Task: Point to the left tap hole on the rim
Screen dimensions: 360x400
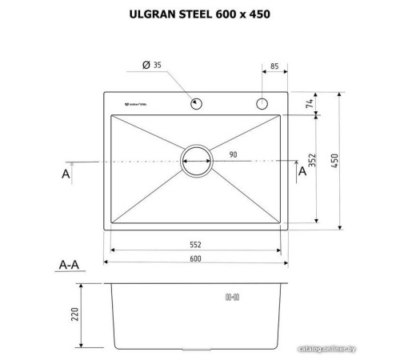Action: point(195,103)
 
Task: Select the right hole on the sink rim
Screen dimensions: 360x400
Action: point(260,103)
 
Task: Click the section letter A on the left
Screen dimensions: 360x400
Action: point(66,171)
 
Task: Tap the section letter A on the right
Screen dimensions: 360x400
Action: point(302,170)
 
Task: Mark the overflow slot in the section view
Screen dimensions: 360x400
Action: point(234,297)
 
